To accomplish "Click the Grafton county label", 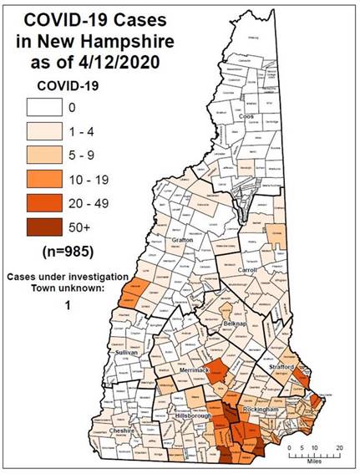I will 182,241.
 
